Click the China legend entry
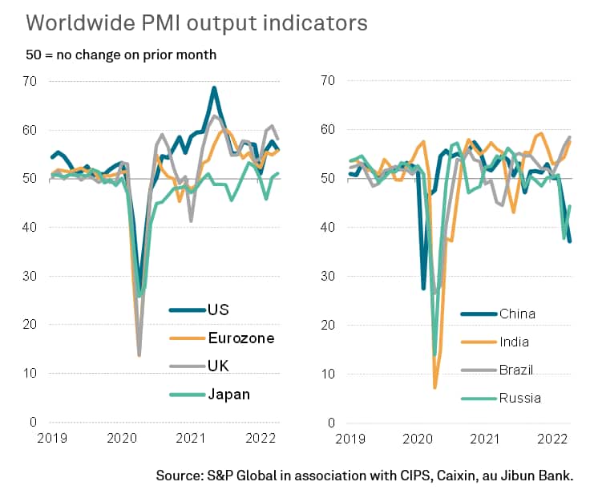(516, 313)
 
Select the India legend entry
(514, 342)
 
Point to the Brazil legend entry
(516, 370)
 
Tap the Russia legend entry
(519, 398)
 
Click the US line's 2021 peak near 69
(214, 87)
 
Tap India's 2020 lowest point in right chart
(435, 387)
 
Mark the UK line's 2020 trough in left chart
(139, 354)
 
